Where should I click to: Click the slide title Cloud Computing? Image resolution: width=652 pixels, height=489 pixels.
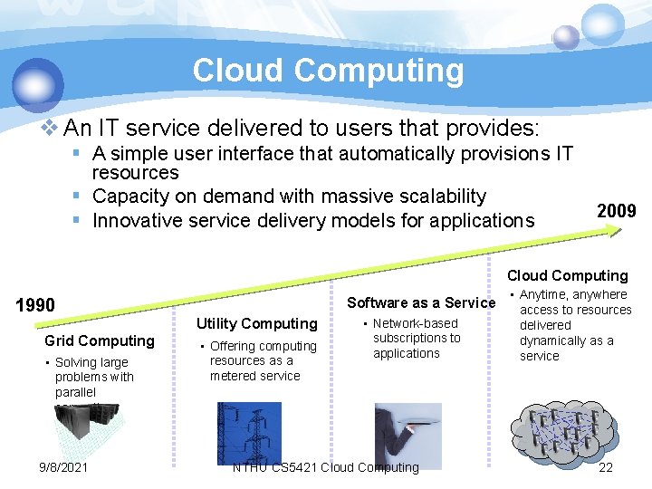coord(328,71)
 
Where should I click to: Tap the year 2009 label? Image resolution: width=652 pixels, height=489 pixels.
coord(617,211)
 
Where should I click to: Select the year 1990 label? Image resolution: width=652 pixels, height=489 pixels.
coord(36,305)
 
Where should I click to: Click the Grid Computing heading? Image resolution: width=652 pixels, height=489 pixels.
coord(100,340)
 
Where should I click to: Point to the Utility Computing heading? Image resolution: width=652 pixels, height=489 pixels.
coord(257,323)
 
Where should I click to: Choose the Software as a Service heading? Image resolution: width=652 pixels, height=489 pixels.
coord(421,302)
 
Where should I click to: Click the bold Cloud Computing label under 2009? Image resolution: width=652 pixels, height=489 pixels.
coord(567,275)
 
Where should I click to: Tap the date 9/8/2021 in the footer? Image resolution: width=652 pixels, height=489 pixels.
coord(63,467)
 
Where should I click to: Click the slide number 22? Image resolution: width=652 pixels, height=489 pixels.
coord(606,467)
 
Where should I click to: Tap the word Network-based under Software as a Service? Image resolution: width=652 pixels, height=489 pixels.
coord(416,323)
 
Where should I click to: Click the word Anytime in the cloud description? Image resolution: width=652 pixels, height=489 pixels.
coord(547,294)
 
